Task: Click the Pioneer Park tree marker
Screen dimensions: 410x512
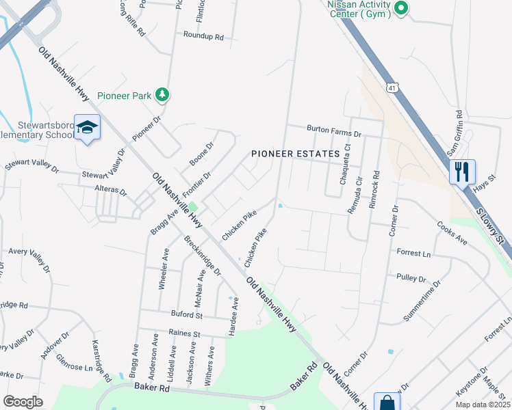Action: [162, 95]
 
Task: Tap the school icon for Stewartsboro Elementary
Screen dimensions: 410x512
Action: [88, 127]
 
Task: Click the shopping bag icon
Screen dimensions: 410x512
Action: [387, 402]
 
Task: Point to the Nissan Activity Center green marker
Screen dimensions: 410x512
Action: [402, 8]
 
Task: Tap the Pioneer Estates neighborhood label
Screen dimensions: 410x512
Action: [296, 154]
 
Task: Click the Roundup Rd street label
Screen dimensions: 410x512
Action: [203, 36]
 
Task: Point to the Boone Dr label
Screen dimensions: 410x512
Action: [201, 154]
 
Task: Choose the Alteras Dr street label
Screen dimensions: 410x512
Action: [114, 192]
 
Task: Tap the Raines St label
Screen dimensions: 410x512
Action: [186, 333]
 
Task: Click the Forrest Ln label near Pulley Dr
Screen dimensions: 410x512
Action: [414, 254]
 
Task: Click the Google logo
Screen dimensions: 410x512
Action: [23, 402]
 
